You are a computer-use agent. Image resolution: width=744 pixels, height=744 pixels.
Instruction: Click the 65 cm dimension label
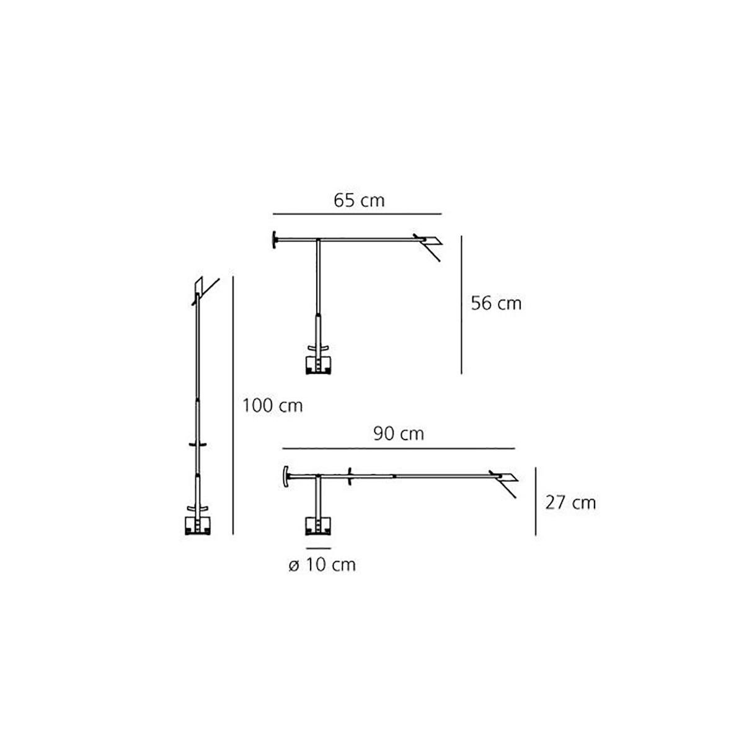click(359, 200)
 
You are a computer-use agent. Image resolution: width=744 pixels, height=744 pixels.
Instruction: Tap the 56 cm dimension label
click(496, 303)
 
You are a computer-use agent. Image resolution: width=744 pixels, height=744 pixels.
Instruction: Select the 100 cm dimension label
click(273, 405)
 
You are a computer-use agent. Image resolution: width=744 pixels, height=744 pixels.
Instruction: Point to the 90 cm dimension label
click(399, 433)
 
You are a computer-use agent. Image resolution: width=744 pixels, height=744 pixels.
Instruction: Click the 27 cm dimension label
click(570, 503)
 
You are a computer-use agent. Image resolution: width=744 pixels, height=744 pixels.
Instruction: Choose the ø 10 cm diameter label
click(322, 565)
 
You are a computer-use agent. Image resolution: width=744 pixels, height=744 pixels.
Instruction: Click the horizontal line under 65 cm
click(357, 213)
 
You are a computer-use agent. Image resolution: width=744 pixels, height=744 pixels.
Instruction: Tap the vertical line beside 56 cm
click(461, 305)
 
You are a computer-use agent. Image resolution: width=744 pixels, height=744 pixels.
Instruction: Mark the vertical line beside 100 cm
click(233, 405)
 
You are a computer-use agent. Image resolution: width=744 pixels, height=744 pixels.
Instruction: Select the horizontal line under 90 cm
click(399, 449)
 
